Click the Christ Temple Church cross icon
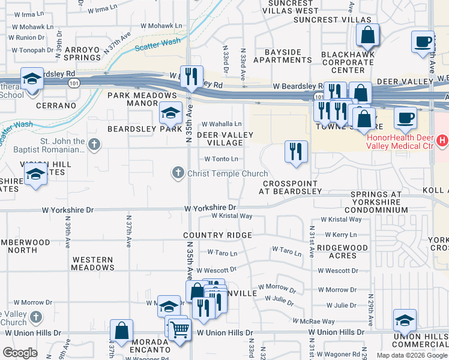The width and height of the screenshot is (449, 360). tap(178, 173)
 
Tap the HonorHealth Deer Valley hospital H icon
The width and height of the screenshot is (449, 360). tap(442, 141)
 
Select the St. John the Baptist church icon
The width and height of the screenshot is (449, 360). tap(94, 144)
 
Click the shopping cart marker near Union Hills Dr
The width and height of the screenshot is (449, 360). tap(179, 328)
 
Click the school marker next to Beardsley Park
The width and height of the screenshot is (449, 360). tap(170, 112)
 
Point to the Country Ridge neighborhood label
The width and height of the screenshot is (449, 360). tap(217, 235)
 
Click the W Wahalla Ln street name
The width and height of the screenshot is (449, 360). tap(225, 124)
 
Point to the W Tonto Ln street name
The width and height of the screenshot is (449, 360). tap(221, 159)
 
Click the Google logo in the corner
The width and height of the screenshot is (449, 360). tap(20, 353)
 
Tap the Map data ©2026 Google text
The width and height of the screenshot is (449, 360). tap(411, 355)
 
